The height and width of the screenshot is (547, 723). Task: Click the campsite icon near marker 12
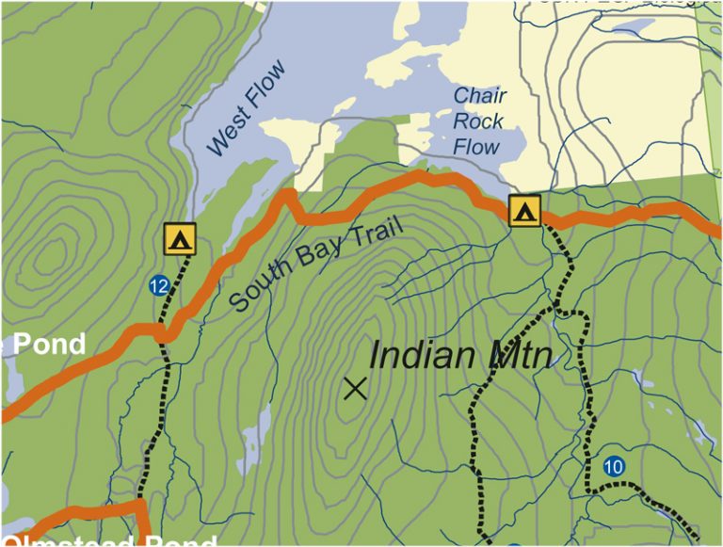pos(179,239)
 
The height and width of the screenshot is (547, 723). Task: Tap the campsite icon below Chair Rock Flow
pos(524,210)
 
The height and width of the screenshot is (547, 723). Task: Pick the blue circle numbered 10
pos(613,466)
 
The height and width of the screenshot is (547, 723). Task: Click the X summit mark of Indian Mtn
pos(355,387)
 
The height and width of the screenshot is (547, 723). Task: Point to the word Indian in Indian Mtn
pos(420,356)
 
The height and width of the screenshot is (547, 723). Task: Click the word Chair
pos(480,96)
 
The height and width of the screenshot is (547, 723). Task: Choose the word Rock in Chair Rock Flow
pos(478,121)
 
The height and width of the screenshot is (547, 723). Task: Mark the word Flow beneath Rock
pos(477,147)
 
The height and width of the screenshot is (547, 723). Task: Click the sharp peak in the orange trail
pos(288,195)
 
